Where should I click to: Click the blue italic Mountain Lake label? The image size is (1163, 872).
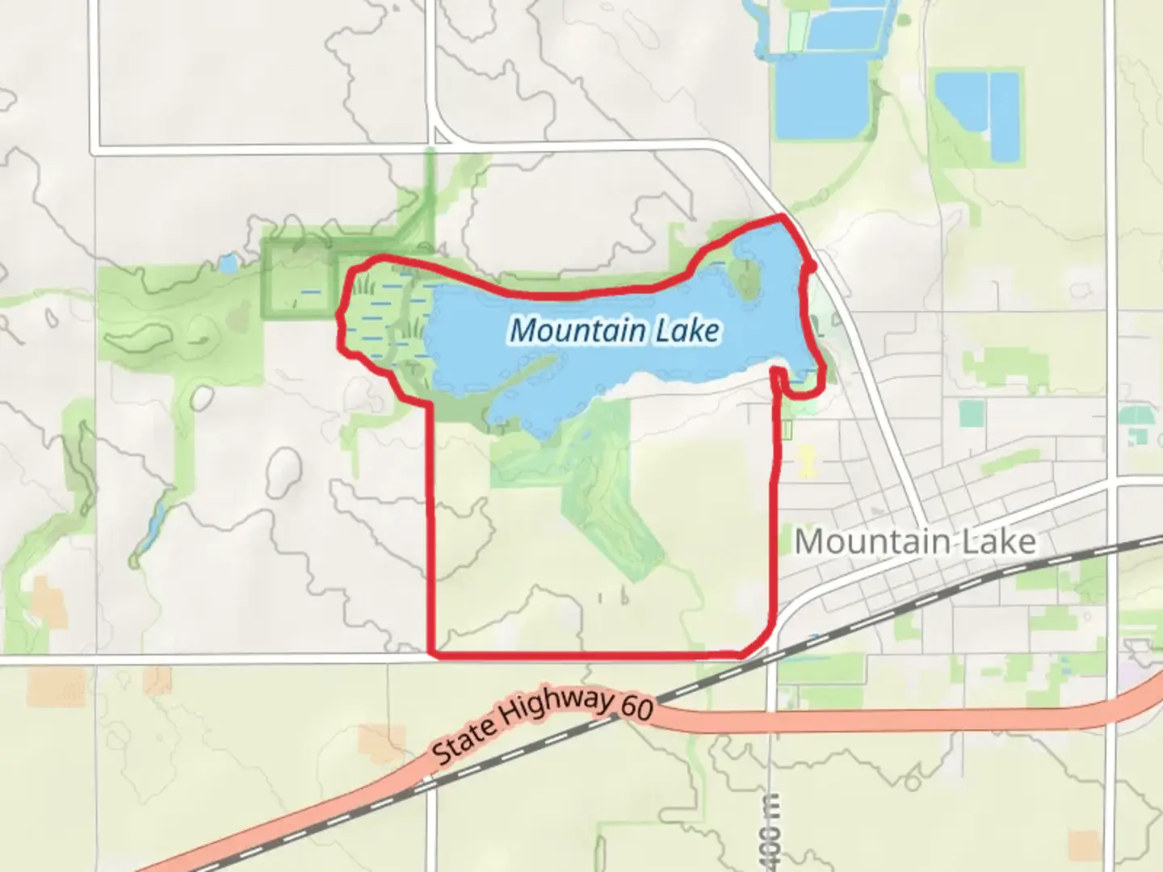(x=615, y=330)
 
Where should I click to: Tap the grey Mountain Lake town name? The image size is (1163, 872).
(x=915, y=541)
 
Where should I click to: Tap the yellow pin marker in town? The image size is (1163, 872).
(x=807, y=461)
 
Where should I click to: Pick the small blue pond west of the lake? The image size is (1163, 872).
(x=229, y=263)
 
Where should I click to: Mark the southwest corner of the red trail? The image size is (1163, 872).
(x=433, y=652)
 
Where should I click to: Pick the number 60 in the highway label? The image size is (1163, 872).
(x=636, y=706)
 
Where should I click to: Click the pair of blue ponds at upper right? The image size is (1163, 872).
(x=978, y=113)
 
